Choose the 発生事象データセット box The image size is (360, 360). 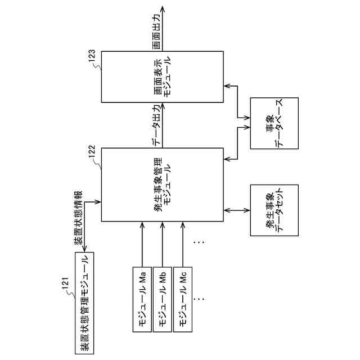click(274, 209)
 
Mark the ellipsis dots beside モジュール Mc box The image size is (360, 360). click(199, 295)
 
